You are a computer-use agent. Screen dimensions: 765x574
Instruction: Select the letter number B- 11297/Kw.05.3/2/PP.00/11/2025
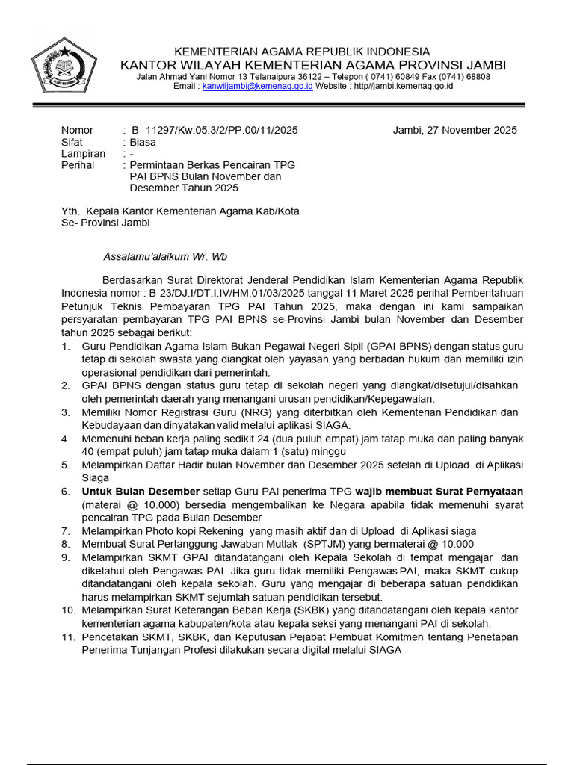point(214,130)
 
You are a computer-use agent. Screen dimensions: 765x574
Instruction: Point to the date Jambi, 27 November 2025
point(454,130)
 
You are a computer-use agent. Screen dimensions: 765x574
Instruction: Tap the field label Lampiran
point(83,153)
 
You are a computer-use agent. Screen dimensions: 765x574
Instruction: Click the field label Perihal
point(78,165)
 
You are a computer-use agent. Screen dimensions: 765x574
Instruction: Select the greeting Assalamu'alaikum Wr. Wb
point(164,257)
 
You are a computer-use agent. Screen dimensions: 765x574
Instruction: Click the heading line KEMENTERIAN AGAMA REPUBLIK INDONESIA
point(302,51)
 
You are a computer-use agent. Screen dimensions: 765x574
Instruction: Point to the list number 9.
point(66,557)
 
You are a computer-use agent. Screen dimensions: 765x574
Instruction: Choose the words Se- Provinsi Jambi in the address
point(105,223)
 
